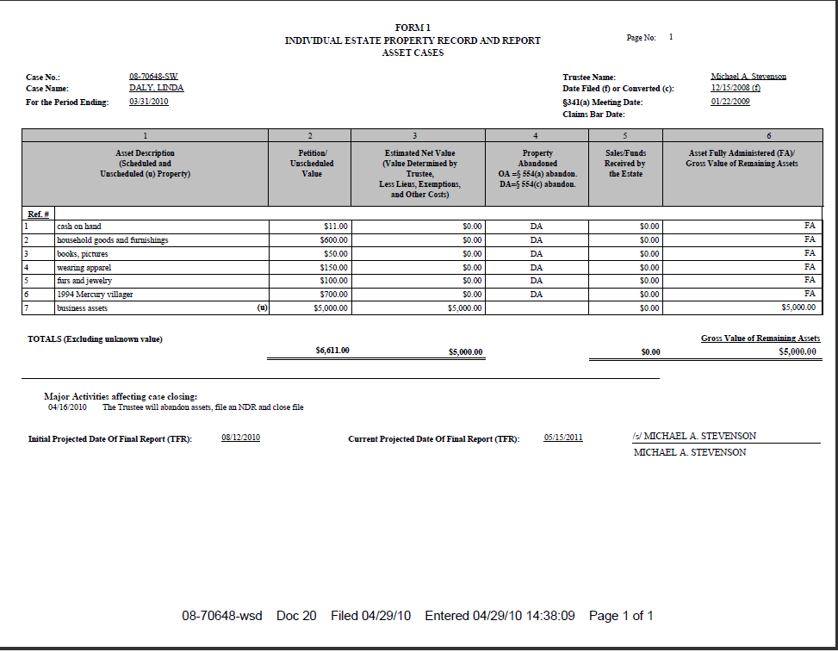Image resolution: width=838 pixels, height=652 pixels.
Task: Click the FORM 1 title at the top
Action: point(413,28)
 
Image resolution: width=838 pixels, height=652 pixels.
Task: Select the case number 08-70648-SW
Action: point(153,77)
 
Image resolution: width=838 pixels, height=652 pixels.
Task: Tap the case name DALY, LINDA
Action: point(156,88)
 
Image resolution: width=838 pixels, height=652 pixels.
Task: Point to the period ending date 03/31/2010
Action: point(148,102)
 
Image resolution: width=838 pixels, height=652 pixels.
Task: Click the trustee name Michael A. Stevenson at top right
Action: point(748,77)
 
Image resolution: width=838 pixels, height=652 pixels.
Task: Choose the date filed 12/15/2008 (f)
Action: point(735,88)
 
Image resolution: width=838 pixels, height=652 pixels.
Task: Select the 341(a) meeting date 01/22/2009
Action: point(730,102)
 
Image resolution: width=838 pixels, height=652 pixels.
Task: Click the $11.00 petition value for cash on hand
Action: point(335,227)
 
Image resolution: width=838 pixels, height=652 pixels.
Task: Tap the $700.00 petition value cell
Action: point(332,295)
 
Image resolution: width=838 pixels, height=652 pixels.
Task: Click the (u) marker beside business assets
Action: point(262,307)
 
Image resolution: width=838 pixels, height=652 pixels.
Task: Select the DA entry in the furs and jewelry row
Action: point(537,281)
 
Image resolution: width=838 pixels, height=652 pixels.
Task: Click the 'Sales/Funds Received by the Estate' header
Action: point(625,164)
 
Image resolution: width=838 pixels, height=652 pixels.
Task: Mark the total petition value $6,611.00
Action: point(332,351)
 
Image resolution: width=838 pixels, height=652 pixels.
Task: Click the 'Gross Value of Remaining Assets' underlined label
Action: point(760,338)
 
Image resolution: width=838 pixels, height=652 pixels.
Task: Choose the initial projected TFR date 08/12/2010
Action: point(240,438)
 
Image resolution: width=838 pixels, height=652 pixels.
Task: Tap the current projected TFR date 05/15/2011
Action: point(563,438)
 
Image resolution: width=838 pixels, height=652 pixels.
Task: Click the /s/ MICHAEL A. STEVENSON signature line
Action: point(694,437)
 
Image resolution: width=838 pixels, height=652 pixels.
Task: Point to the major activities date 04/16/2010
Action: point(68,407)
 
